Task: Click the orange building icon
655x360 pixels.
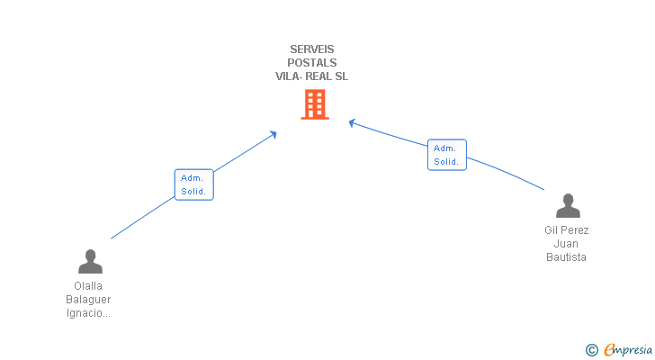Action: pyautogui.click(x=314, y=104)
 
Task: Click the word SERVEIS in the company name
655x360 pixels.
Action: pyautogui.click(x=312, y=49)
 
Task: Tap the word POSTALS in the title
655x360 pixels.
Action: pyautogui.click(x=312, y=63)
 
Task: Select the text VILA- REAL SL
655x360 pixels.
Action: pyautogui.click(x=312, y=76)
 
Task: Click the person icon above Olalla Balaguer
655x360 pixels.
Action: pyautogui.click(x=90, y=262)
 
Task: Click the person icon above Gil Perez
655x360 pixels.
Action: pyautogui.click(x=568, y=206)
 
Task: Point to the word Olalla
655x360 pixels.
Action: pyautogui.click(x=88, y=286)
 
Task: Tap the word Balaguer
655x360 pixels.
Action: pyautogui.click(x=88, y=300)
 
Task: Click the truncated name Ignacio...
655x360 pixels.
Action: pyautogui.click(x=88, y=313)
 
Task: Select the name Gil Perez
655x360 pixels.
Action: pyautogui.click(x=566, y=230)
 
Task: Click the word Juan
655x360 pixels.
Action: pyautogui.click(x=566, y=244)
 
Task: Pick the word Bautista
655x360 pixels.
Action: pyautogui.click(x=566, y=257)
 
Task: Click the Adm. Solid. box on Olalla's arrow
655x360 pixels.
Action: pyautogui.click(x=193, y=184)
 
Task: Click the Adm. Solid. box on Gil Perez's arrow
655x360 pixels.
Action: pyautogui.click(x=446, y=155)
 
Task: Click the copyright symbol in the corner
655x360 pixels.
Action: pyautogui.click(x=591, y=350)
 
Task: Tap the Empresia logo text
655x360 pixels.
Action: pyautogui.click(x=628, y=349)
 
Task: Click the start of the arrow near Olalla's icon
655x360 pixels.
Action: pyautogui.click(x=112, y=238)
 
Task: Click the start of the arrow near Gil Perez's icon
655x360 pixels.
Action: pyautogui.click(x=544, y=189)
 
